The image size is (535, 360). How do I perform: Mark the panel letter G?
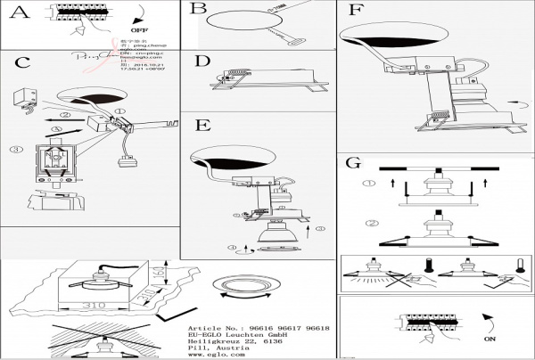(x=353, y=163)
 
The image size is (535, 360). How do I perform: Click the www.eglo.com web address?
(x=217, y=355)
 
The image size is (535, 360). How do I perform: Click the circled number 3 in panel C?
(x=15, y=150)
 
